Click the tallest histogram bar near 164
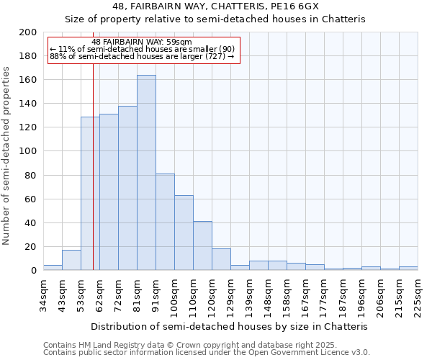(x=146, y=173)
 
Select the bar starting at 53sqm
(x=90, y=194)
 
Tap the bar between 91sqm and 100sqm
(x=165, y=222)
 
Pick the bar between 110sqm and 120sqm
(x=202, y=246)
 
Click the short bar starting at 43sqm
(x=71, y=260)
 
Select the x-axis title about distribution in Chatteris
(x=230, y=326)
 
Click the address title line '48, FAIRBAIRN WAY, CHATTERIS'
(x=215, y=6)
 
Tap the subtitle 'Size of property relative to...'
(x=215, y=19)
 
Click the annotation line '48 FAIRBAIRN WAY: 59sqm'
(x=142, y=42)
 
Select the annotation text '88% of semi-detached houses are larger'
(x=142, y=56)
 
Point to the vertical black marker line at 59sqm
(x=93, y=180)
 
